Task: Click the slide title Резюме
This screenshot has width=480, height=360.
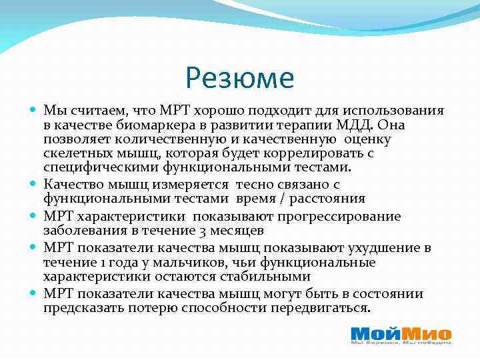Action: (240, 78)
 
